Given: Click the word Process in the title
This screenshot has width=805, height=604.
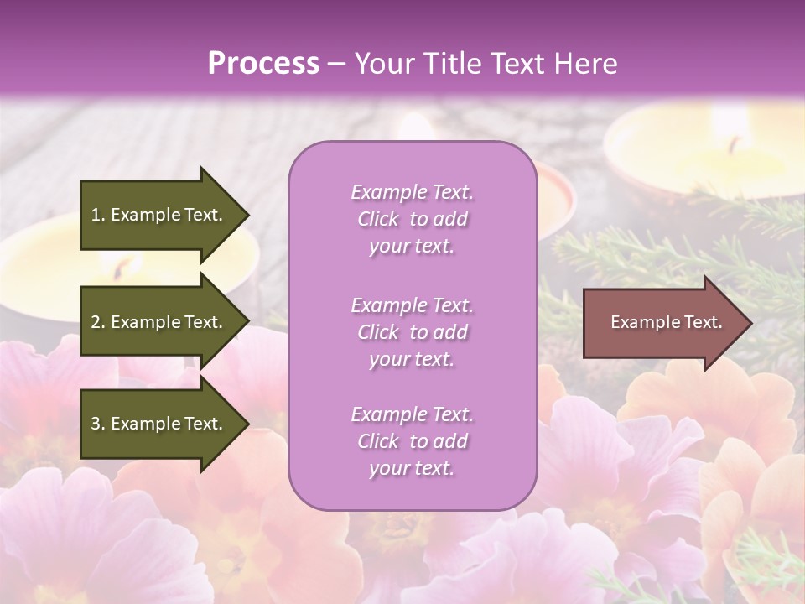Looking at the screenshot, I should coord(263,64).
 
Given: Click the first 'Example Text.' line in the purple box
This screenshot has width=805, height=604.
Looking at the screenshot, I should coord(412,192).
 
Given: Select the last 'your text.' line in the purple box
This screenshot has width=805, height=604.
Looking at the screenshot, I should coord(412,468).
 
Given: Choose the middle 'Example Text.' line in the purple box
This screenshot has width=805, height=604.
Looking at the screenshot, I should coord(412,305).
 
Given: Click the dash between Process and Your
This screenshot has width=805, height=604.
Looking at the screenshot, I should coord(336,64).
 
